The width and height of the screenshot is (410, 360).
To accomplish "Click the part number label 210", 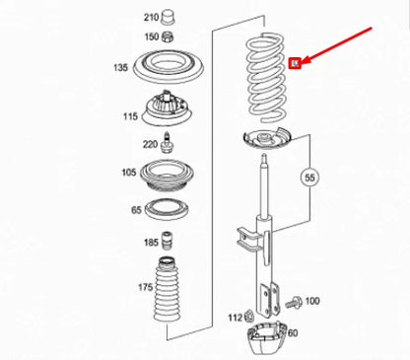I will point(151,17).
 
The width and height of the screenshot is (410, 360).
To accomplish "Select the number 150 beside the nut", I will point(151,36).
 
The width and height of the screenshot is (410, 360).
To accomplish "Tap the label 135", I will point(120,68).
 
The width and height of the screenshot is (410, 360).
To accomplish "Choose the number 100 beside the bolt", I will point(312,301).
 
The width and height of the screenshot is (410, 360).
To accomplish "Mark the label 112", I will point(235,318).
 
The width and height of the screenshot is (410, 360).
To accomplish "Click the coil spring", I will point(263,74).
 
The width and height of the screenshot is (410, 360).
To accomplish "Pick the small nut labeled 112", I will point(252,316).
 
